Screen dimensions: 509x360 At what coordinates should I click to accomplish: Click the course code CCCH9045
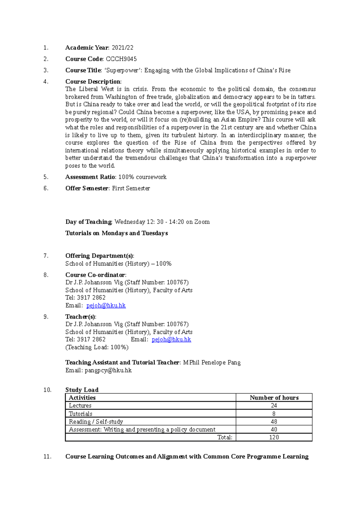121,59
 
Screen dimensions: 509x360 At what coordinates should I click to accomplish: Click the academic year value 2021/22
122,48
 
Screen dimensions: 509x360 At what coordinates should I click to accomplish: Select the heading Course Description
93,82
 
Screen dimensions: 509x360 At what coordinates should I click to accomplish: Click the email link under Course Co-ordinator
106,305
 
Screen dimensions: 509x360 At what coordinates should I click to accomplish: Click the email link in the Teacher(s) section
171,339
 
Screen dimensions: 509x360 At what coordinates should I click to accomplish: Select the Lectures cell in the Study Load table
80,406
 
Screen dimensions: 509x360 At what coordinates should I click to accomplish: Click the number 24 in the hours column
274,406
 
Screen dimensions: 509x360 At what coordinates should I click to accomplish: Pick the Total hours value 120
274,437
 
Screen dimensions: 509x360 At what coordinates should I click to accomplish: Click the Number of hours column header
274,397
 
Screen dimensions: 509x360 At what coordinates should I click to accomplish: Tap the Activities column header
82,397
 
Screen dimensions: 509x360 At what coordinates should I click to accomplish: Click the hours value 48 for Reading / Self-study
274,421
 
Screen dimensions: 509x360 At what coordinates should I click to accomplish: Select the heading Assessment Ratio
90,177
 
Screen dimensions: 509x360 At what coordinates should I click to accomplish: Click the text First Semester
131,188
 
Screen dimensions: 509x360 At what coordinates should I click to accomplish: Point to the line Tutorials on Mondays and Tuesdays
116,233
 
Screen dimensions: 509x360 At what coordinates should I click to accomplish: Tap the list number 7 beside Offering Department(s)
46,256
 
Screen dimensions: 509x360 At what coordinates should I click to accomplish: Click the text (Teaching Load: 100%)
97,347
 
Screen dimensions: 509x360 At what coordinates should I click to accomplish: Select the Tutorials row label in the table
80,414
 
